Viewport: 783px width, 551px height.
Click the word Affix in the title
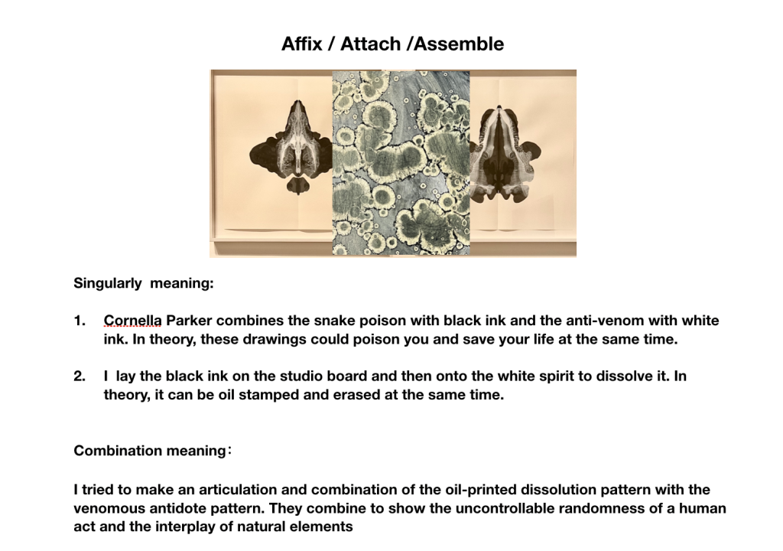(301, 44)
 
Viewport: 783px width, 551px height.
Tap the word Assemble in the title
(459, 44)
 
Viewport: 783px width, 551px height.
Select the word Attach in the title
(371, 44)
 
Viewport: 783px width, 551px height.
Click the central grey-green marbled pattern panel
(401, 163)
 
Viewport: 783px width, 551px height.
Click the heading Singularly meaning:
(144, 283)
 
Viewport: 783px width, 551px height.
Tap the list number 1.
(80, 321)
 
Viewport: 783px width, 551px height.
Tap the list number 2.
(80, 376)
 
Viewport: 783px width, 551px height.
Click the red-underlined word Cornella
(132, 321)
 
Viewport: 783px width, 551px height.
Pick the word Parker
(189, 321)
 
